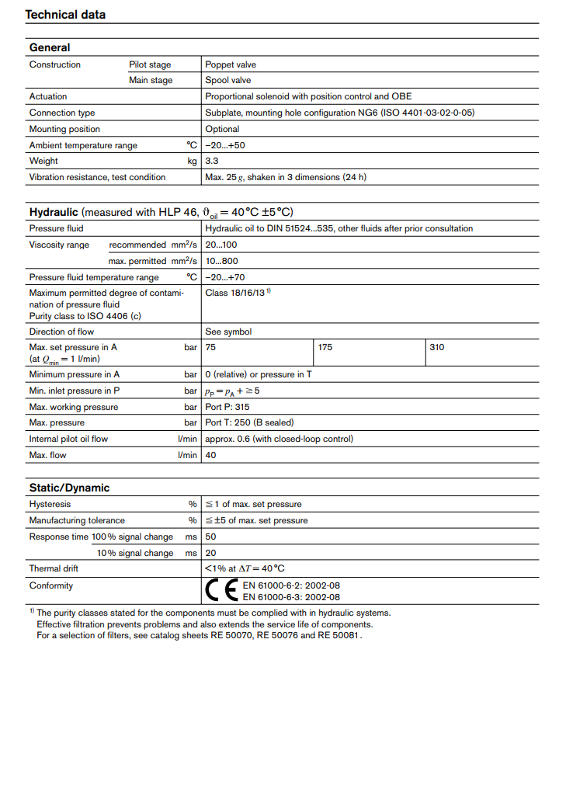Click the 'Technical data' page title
pyautogui.click(x=65, y=15)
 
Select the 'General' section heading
pyautogui.click(x=50, y=47)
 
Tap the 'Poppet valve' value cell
pyautogui.click(x=231, y=64)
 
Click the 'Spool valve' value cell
pyautogui.click(x=228, y=80)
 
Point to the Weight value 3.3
pyautogui.click(x=211, y=161)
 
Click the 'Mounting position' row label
pyautogui.click(x=64, y=129)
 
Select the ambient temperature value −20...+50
pyautogui.click(x=225, y=145)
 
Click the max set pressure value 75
pyautogui.click(x=210, y=347)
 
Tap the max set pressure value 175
pyautogui.click(x=325, y=347)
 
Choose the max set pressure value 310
pyautogui.click(x=437, y=347)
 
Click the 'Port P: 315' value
pyautogui.click(x=227, y=407)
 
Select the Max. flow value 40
pyautogui.click(x=210, y=455)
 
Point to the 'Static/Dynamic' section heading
pyautogui.click(x=69, y=488)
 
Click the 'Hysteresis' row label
pyautogui.click(x=50, y=504)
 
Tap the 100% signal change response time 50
pyautogui.click(x=210, y=537)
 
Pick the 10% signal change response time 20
pyautogui.click(x=210, y=553)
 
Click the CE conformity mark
pyautogui.click(x=220, y=591)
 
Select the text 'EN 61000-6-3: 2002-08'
pyautogui.click(x=291, y=597)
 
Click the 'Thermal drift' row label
pyautogui.click(x=54, y=568)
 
